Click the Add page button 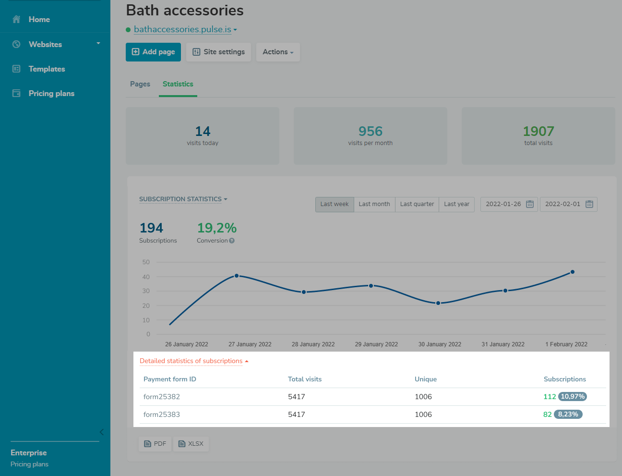(153, 52)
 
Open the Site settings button (218, 52)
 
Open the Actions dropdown (278, 52)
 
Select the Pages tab (140, 84)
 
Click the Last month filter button (374, 204)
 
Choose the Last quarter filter (417, 204)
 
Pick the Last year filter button (456, 204)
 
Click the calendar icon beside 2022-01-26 (530, 204)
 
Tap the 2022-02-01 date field (562, 204)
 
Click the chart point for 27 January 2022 (237, 276)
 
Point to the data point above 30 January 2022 (438, 303)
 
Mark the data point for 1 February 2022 (573, 272)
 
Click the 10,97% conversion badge (573, 397)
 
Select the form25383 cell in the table (162, 415)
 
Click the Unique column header (426, 379)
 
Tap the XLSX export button (191, 444)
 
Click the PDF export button (155, 444)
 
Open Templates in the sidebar (47, 69)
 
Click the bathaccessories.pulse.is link (182, 29)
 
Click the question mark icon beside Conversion (232, 241)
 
